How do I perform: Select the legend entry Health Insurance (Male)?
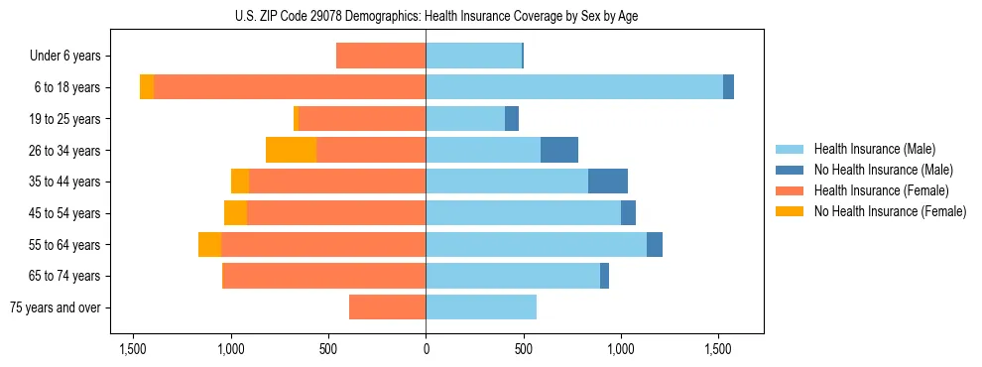[x=874, y=149]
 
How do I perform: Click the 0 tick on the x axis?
[x=426, y=349]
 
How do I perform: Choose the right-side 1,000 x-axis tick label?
[x=621, y=349]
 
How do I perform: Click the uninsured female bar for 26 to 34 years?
[x=291, y=150]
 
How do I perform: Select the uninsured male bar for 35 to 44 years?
[x=608, y=182]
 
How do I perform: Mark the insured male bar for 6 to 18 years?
[x=574, y=87]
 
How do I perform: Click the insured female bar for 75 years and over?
[x=387, y=307]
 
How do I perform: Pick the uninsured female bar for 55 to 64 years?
[x=209, y=244]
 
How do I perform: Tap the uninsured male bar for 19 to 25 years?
[x=512, y=119]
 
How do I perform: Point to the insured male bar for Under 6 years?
[x=473, y=56]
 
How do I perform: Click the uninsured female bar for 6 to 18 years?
[x=147, y=87]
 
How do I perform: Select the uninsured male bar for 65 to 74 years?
[x=604, y=276]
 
